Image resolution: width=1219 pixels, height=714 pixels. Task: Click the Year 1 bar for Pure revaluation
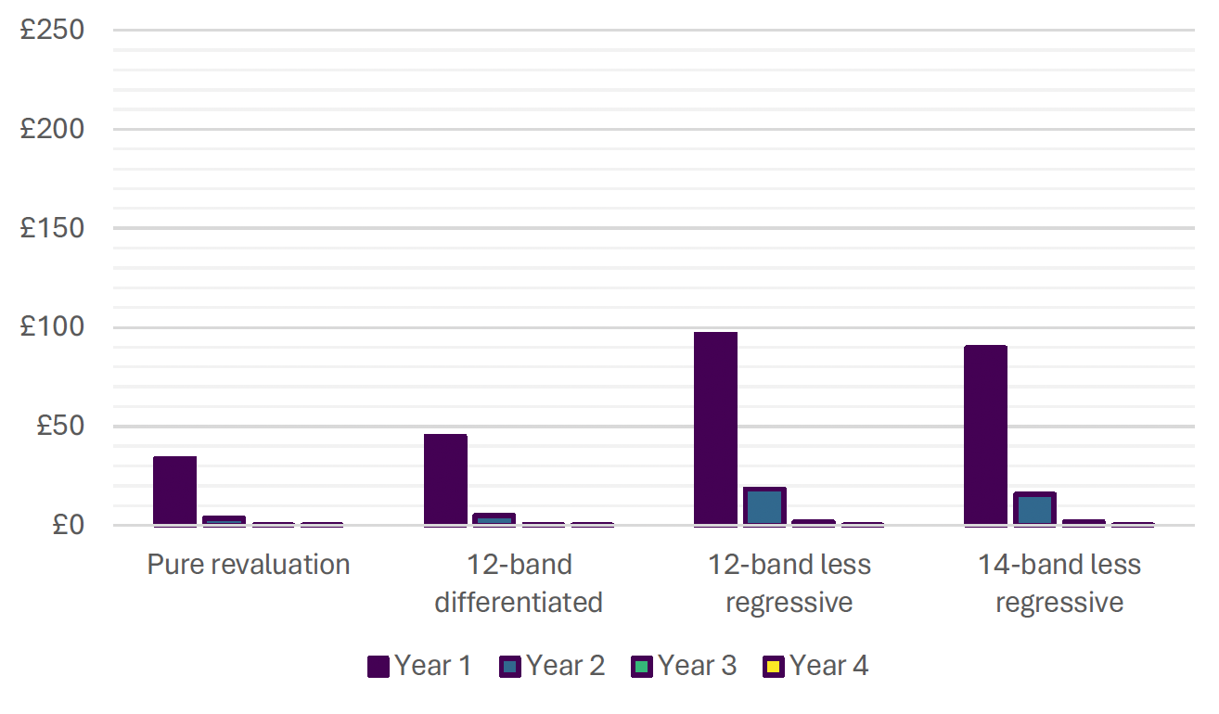tap(174, 491)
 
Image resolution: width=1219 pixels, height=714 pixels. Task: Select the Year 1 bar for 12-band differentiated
tap(445, 480)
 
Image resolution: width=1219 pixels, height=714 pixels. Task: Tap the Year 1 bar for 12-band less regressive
tap(715, 429)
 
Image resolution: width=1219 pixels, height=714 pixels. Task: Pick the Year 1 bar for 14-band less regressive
tap(985, 436)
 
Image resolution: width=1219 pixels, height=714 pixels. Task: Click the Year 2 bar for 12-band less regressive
tap(764, 506)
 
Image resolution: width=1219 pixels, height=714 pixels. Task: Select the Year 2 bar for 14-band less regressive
tap(1034, 509)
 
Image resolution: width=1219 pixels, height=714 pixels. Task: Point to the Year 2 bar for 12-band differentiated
tap(494, 519)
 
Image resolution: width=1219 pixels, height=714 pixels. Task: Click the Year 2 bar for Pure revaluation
tap(224, 520)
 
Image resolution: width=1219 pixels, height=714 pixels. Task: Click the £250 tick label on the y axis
tap(52, 31)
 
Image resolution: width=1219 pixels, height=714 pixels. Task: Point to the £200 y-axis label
tap(52, 129)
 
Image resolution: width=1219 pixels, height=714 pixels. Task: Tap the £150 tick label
tap(52, 228)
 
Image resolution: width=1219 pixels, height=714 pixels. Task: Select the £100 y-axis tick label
tap(52, 327)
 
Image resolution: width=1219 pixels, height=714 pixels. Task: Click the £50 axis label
tap(60, 427)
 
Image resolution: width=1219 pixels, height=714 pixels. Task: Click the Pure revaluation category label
tap(249, 565)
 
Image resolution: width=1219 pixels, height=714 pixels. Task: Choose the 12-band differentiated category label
tap(519, 583)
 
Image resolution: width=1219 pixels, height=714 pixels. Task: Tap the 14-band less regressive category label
tap(1059, 583)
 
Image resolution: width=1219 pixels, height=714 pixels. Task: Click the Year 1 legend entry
tap(419, 666)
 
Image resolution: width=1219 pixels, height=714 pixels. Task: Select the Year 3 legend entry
tap(685, 666)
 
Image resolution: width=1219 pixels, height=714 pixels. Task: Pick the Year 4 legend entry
tap(816, 666)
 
